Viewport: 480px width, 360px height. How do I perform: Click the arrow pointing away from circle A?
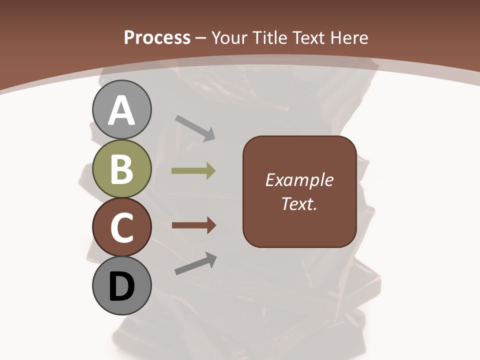pyautogui.click(x=195, y=127)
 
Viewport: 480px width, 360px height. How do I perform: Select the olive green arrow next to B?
pyautogui.click(x=193, y=171)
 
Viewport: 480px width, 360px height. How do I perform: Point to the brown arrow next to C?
pyautogui.click(x=193, y=226)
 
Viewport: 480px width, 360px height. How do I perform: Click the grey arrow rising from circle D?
pyautogui.click(x=195, y=263)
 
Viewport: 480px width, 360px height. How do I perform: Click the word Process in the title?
pyautogui.click(x=157, y=37)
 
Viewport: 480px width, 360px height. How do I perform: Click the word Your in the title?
pyautogui.click(x=230, y=37)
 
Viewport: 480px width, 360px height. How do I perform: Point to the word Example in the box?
pyautogui.click(x=299, y=180)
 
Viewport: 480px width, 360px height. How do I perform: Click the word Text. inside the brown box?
pyautogui.click(x=299, y=204)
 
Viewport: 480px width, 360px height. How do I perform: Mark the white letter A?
pyautogui.click(x=121, y=111)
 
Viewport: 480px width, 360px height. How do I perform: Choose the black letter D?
pyautogui.click(x=121, y=286)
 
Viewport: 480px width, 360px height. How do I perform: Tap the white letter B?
pyautogui.click(x=121, y=169)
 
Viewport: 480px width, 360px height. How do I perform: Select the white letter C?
pyautogui.click(x=121, y=227)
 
